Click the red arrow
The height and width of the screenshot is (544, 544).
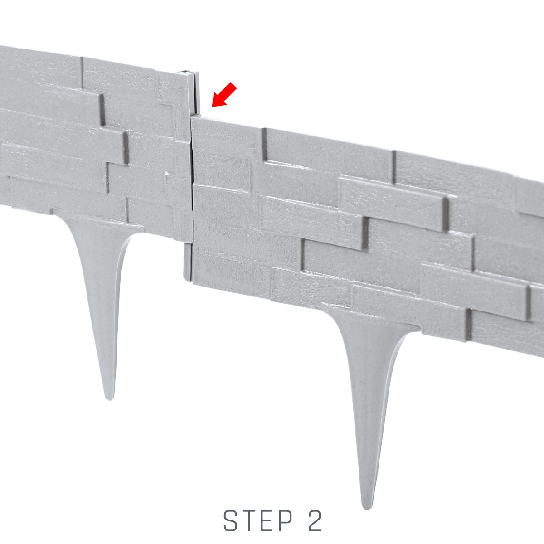(x=224, y=95)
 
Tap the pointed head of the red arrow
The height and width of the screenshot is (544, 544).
(x=212, y=107)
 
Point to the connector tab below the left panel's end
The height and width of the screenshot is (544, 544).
(x=188, y=261)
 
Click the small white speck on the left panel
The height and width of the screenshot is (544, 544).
(x=166, y=173)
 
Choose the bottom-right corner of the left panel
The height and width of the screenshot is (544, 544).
(x=192, y=242)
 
